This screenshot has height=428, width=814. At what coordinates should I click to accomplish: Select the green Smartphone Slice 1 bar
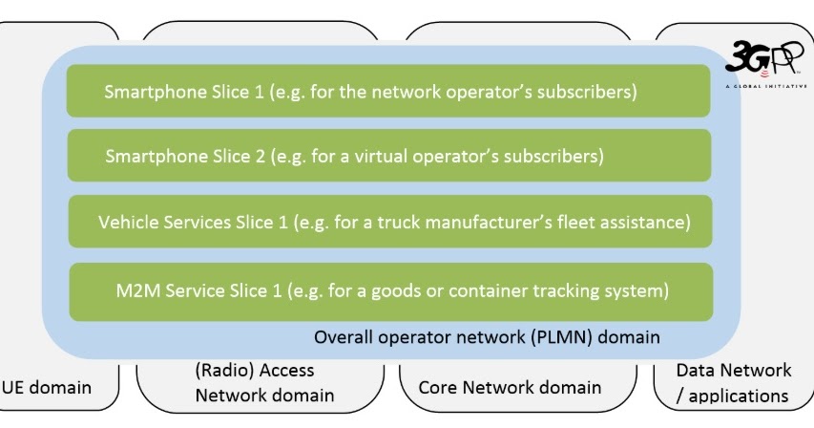388,92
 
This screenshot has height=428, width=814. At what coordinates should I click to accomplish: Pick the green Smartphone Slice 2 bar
388,155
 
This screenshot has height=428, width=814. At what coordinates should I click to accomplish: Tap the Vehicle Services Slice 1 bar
390,222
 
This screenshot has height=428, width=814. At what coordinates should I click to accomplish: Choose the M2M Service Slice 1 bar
390,289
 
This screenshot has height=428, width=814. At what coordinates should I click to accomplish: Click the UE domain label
47,387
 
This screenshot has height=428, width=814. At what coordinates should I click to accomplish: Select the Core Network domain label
510,387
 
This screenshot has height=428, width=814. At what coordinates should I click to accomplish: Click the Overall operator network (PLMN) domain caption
487,337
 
